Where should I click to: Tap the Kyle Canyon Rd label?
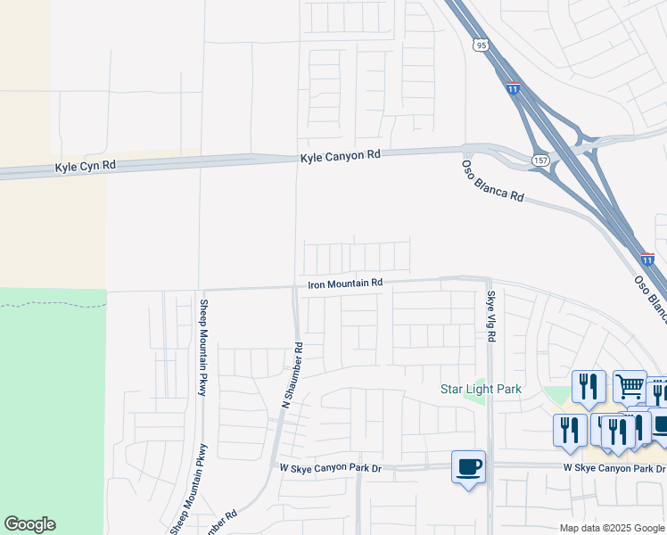click(x=340, y=155)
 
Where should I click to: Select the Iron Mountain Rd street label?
click(x=345, y=283)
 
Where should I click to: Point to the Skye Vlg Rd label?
click(x=490, y=317)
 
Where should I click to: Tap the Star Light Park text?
click(x=482, y=389)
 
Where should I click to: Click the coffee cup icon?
click(x=469, y=466)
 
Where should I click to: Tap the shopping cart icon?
click(x=630, y=386)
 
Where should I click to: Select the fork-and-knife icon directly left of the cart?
click(x=589, y=386)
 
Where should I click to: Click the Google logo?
click(x=29, y=524)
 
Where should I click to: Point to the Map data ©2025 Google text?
click(x=612, y=528)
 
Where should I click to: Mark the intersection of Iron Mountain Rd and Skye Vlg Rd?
click(x=489, y=279)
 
